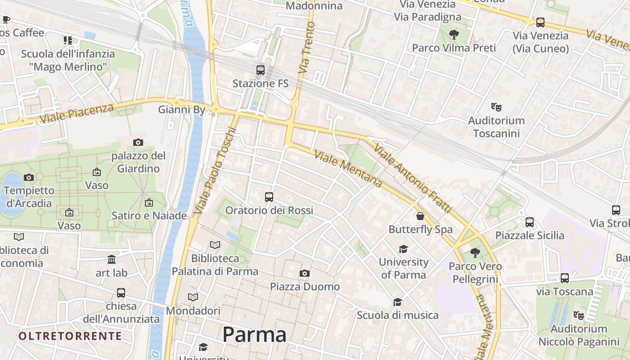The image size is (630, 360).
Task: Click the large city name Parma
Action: pyautogui.click(x=254, y=335)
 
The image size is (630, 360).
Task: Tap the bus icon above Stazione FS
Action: pyautogui.click(x=261, y=70)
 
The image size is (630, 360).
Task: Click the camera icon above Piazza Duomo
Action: pyautogui.click(x=305, y=273)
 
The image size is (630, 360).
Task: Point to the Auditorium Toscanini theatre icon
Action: pyautogui.click(x=496, y=107)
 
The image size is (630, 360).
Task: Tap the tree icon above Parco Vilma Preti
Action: pyautogui.click(x=454, y=34)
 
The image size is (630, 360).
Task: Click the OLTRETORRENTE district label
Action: pyautogui.click(x=70, y=336)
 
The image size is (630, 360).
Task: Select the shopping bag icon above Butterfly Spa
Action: pyautogui.click(x=420, y=216)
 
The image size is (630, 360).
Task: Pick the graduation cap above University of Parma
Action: pyautogui.click(x=403, y=249)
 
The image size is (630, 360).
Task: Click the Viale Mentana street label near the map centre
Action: pyautogui.click(x=348, y=169)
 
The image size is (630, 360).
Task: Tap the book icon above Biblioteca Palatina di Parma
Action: pyautogui.click(x=215, y=245)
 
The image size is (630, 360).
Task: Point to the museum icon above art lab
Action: pyautogui.click(x=112, y=260)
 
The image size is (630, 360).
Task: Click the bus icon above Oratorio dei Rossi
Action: pyautogui.click(x=269, y=197)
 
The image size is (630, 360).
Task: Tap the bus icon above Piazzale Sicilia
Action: pyautogui.click(x=530, y=222)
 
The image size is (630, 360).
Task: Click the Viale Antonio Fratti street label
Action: pyautogui.click(x=412, y=180)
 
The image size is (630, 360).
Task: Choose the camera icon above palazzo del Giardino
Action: pyautogui.click(x=138, y=142)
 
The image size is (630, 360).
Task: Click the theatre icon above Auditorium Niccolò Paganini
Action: pyautogui.click(x=579, y=315)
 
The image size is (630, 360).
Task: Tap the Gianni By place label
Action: pyautogui.click(x=181, y=109)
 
